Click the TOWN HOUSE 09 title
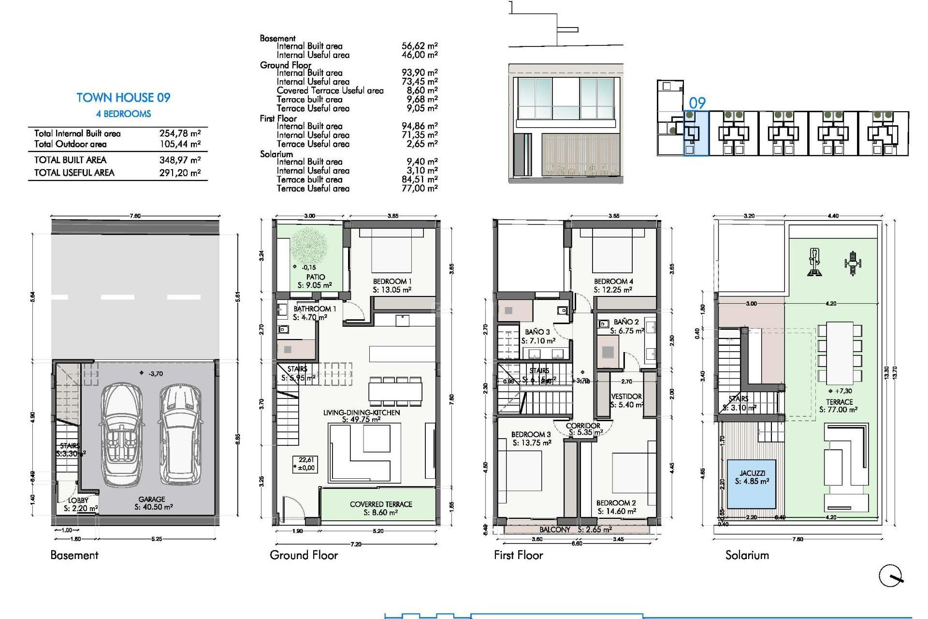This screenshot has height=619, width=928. pos(123,98)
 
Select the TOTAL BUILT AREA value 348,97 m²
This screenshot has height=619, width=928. pos(180,160)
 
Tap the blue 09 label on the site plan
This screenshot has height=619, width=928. pos(697,103)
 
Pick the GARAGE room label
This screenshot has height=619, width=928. pos(152,499)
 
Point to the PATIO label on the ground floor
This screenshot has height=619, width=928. pos(315,277)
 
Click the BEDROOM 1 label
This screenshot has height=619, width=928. pos(392,281)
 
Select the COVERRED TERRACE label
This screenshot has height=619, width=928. pos(381,504)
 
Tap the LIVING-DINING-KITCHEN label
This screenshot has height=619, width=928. pos(362,413)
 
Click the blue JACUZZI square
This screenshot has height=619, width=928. pos(752,484)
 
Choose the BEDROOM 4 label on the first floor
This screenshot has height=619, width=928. pos(613,281)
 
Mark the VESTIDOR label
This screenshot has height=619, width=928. pos(626,397)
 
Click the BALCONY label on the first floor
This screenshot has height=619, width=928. pos(555,530)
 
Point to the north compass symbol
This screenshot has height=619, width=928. pos(890,575)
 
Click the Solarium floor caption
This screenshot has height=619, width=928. pos(747,555)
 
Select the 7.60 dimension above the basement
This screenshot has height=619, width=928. pos(135,216)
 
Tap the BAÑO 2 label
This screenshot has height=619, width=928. pos(626,322)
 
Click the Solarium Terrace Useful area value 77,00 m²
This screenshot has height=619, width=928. pos(419,189)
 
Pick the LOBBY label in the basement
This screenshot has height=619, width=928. pos(78,501)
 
